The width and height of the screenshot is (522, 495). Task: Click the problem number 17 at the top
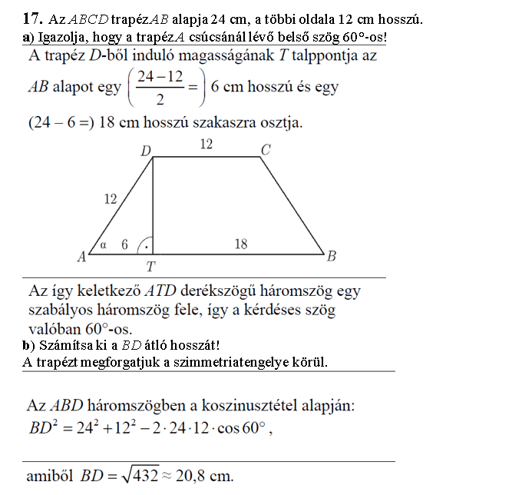click(31, 17)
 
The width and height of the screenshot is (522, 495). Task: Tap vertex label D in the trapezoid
click(146, 151)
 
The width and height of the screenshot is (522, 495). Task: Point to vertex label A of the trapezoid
click(81, 258)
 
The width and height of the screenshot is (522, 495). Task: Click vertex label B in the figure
click(332, 256)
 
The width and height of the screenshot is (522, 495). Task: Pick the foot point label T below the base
click(151, 267)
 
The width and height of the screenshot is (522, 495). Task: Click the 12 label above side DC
click(206, 145)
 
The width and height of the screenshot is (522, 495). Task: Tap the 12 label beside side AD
click(110, 199)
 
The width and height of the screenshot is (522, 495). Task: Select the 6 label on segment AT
click(124, 244)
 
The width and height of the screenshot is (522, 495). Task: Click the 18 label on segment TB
click(240, 244)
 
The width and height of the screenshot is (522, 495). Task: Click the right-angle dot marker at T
click(146, 247)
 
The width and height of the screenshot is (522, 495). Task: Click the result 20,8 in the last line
click(199, 476)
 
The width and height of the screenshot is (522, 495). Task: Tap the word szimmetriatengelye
click(236, 362)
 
